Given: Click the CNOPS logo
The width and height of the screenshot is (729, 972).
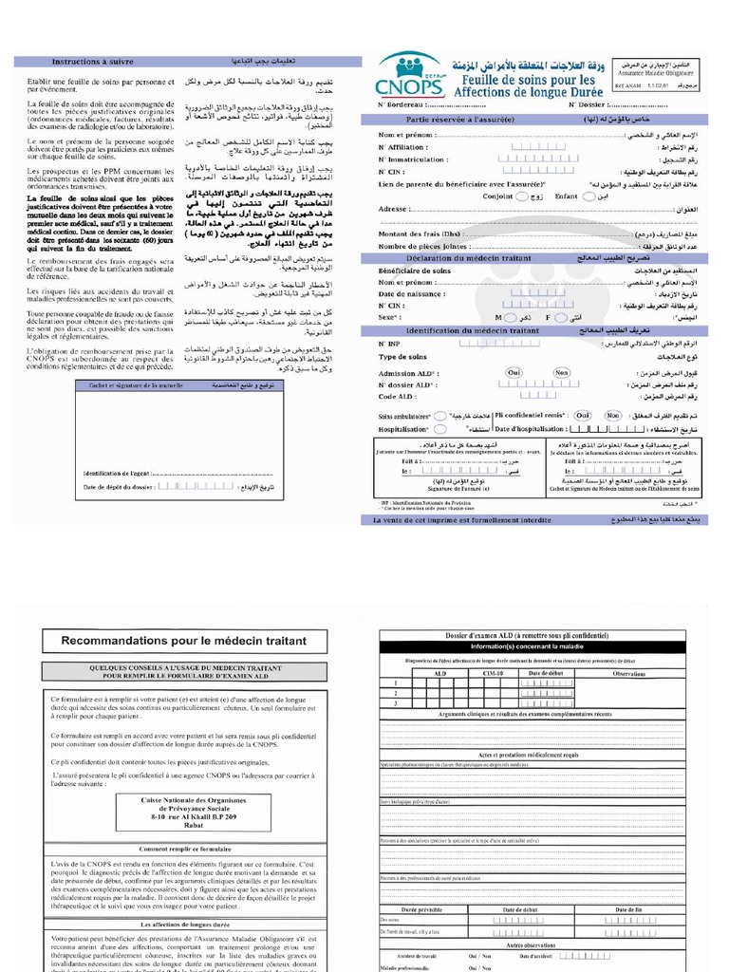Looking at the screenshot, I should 412,73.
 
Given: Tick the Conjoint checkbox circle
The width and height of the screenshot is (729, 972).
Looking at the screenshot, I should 523,196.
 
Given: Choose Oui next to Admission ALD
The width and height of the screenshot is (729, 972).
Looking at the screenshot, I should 514,373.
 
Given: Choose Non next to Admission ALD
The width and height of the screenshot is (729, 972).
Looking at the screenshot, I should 562,373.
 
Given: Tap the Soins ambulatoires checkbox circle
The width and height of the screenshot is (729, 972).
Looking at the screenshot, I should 439,416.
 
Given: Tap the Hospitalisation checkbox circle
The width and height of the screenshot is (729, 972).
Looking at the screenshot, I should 439,429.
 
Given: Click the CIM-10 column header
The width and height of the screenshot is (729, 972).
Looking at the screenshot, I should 493,673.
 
